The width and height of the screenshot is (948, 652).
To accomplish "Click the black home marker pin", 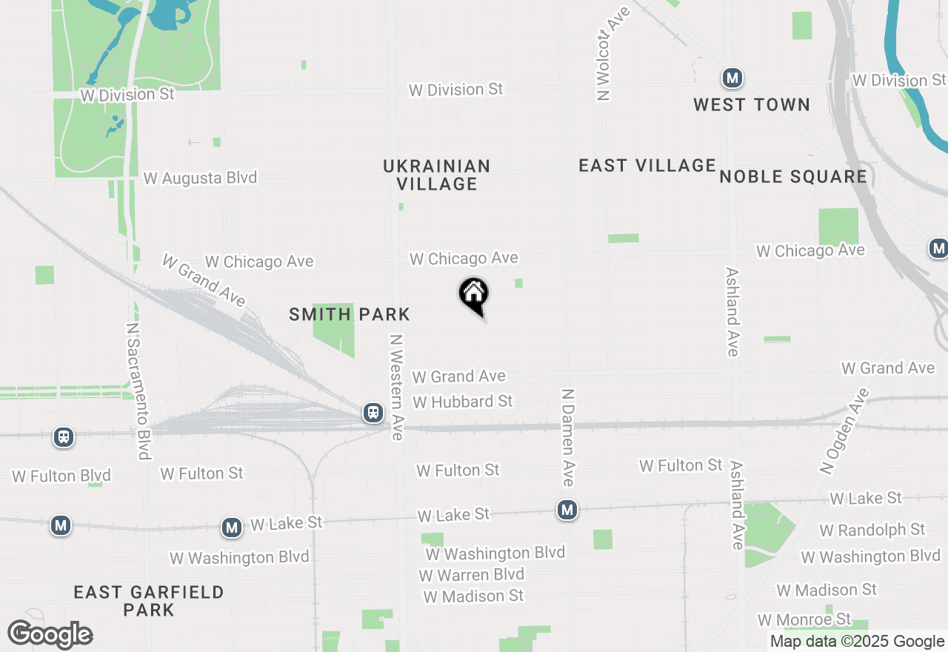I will coord(474,296).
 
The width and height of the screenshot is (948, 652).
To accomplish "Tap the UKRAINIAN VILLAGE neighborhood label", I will coord(436,175).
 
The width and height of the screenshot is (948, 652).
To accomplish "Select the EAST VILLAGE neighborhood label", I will coord(647,165).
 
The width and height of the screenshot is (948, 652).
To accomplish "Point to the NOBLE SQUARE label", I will coord(793,176).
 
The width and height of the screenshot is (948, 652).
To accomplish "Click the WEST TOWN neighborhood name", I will coord(752,104).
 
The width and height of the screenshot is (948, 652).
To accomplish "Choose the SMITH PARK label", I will coord(350,314).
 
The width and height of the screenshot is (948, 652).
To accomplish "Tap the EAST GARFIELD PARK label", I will coord(149,601).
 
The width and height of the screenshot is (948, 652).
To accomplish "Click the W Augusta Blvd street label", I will coord(200,178).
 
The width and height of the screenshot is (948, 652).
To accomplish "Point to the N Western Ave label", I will coord(397,387).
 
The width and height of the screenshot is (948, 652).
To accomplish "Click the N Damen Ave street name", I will coord(568,437).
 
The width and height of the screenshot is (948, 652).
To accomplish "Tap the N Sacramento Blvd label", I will coord(138,390).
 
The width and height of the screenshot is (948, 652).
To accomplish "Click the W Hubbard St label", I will coord(463,402).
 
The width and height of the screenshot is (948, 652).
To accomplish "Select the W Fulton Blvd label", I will coord(61,476).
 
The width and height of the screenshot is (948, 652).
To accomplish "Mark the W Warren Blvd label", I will coord(471,575).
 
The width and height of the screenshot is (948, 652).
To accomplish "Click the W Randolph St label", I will coord(872,530).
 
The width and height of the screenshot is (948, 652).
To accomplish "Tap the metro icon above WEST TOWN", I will coord(732,77).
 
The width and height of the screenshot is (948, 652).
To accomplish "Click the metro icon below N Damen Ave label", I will coord(567,510).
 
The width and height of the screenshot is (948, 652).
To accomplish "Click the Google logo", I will coord(50,635).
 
